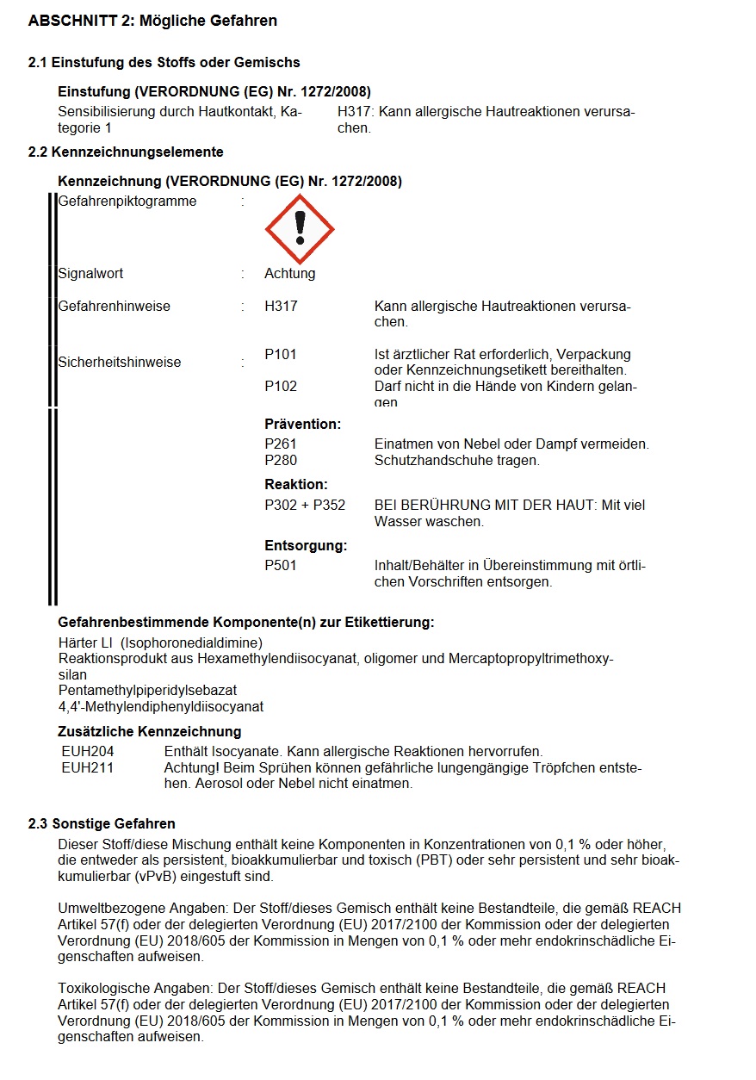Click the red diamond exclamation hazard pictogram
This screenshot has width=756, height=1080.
[x=299, y=229]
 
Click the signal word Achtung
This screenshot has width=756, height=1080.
[x=290, y=274]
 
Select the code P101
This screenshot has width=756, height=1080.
[x=281, y=354]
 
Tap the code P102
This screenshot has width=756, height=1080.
[x=281, y=386]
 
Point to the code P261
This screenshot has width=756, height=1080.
[x=281, y=444]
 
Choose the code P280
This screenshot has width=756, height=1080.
[x=281, y=460]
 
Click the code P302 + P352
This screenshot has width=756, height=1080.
[x=305, y=505]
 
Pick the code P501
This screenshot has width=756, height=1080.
[x=281, y=566]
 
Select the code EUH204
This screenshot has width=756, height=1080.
[x=88, y=752]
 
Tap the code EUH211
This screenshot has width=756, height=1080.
[x=88, y=767]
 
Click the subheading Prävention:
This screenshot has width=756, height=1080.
[x=303, y=424]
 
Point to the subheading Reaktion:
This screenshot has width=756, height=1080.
[x=296, y=484]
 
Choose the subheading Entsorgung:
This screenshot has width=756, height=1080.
[x=306, y=545]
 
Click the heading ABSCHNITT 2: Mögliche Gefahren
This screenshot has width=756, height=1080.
[x=153, y=21]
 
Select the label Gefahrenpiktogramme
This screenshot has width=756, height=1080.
[x=127, y=202]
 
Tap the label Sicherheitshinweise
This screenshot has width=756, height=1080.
[x=120, y=362]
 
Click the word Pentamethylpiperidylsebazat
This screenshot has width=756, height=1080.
[x=147, y=691]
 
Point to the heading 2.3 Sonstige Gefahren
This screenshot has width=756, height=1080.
[x=102, y=824]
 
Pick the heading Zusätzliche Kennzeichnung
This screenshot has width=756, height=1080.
[x=149, y=732]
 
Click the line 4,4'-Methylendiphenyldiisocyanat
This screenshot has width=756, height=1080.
[x=160, y=707]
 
